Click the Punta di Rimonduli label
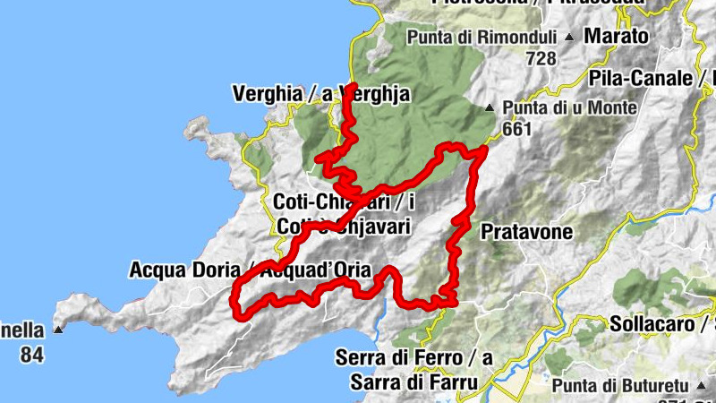tap(483, 38)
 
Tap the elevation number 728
tap(541, 58)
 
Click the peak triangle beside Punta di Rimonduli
tap(569, 38)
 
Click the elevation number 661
tap(517, 129)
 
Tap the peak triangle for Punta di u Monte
tap(489, 108)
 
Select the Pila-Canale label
tap(640, 78)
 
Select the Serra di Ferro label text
tap(414, 358)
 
